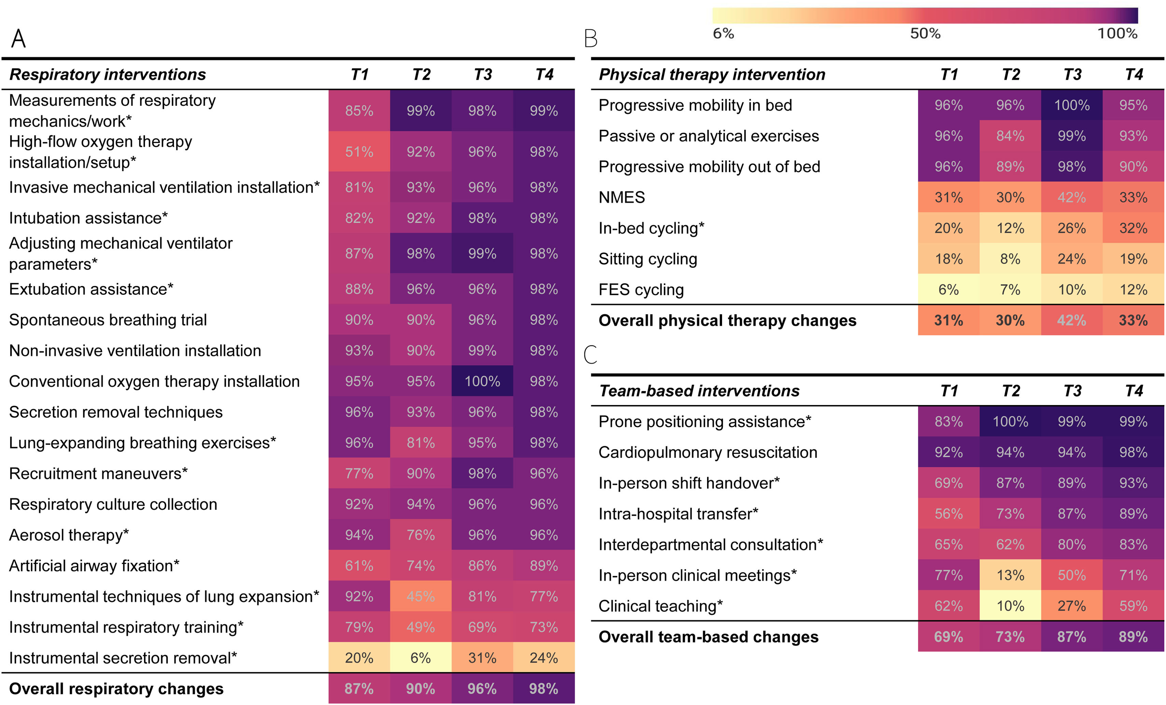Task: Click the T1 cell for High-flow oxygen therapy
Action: pos(359,152)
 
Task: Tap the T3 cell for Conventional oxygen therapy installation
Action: pos(482,381)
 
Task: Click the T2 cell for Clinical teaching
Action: pos(1010,606)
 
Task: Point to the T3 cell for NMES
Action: pos(1072,197)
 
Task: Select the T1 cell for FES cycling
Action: pos(949,289)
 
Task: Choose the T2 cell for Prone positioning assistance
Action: pos(1010,421)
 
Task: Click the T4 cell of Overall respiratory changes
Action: pos(544,688)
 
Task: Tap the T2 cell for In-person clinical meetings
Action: pos(1010,575)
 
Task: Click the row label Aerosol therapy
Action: pos(69,535)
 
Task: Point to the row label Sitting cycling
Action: pos(648,259)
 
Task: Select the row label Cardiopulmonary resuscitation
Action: pos(708,452)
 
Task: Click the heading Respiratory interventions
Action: pos(107,74)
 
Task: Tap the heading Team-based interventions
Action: pos(699,391)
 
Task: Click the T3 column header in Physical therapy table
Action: pos(1072,74)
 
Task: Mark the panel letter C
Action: pos(591,354)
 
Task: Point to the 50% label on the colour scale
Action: pos(925,33)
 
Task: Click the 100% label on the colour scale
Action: pos(1117,33)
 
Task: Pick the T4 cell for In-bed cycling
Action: pos(1133,228)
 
